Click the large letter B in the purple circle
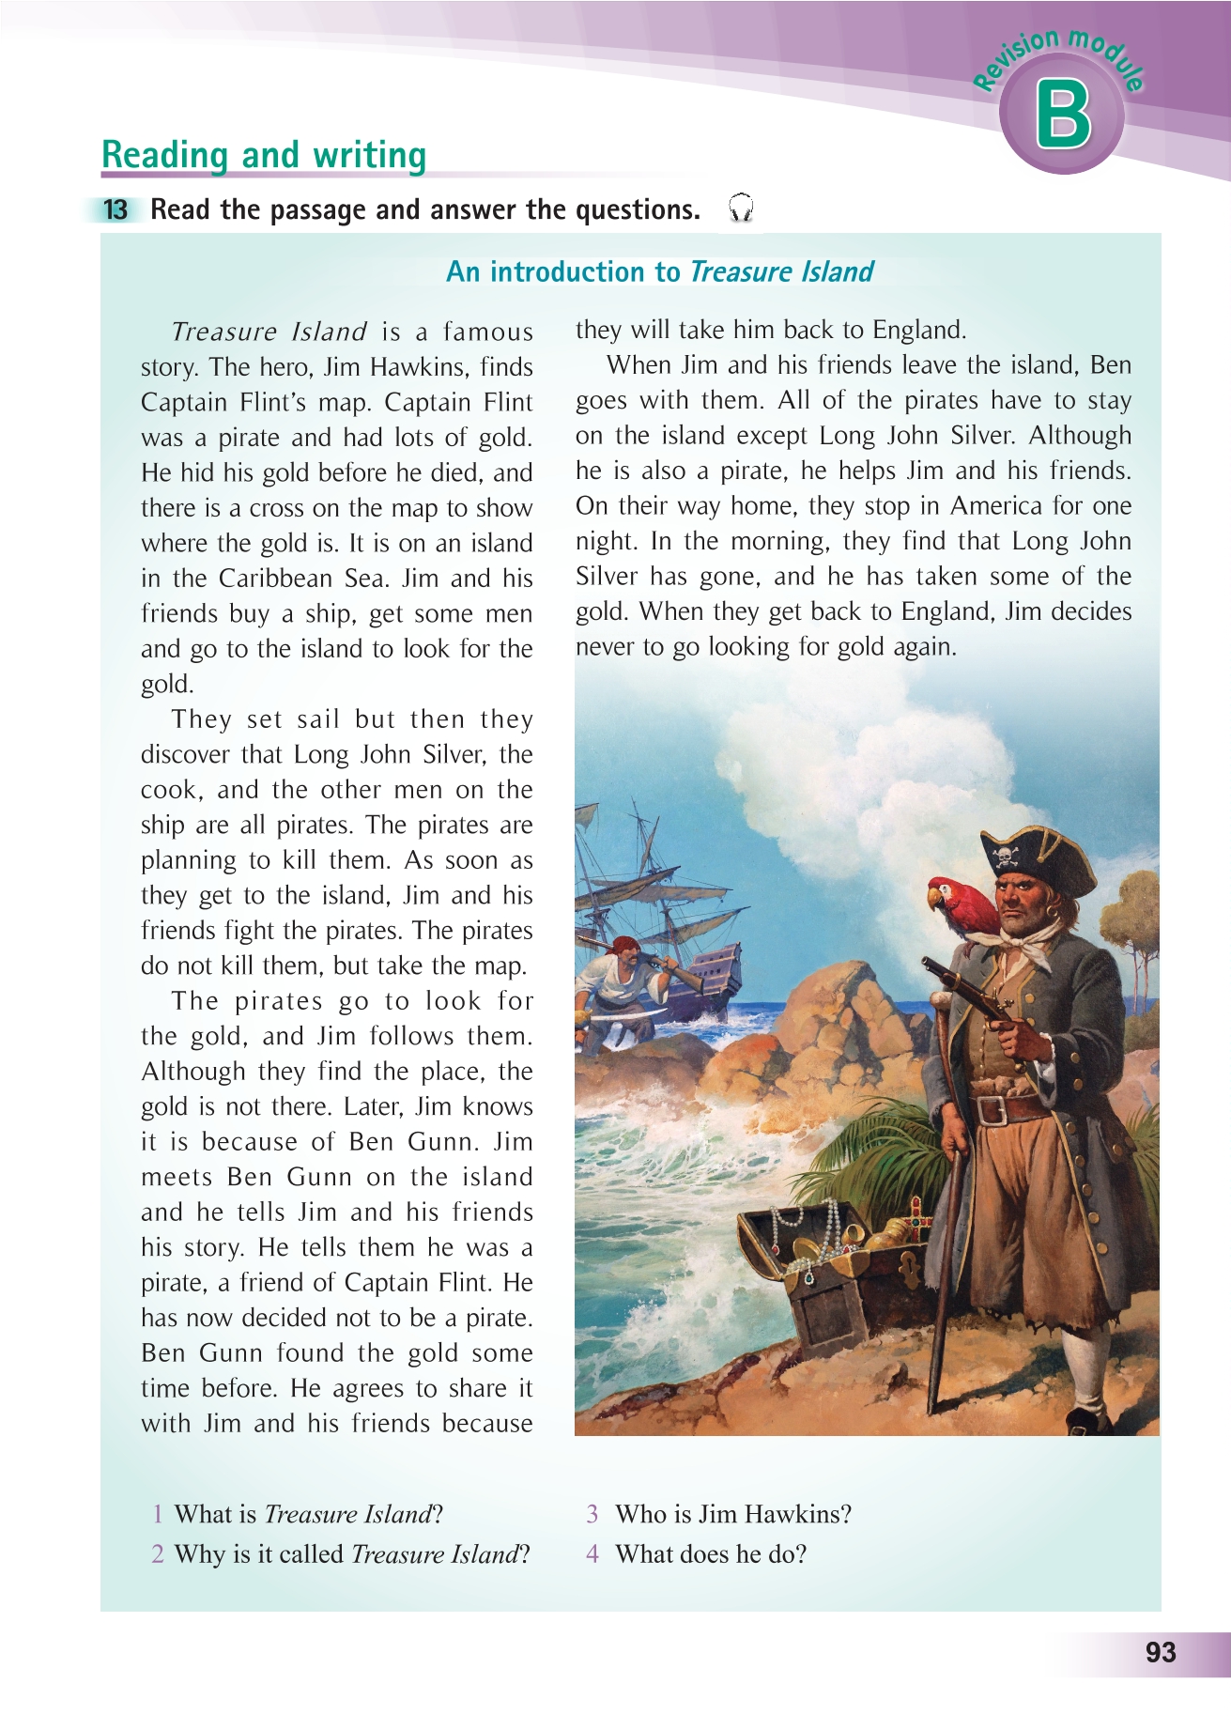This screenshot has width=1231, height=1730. pos(1063,116)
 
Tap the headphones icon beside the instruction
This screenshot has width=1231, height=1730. pos(741,208)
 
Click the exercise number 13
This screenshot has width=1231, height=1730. pos(115,209)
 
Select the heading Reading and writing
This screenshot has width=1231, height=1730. pos(264,155)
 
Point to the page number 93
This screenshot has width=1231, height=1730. pos(1161,1652)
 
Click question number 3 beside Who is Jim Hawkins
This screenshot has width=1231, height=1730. pos(592,1514)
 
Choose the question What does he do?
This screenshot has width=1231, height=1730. pos(710,1554)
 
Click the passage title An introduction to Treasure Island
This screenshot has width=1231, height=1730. pos(659,272)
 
